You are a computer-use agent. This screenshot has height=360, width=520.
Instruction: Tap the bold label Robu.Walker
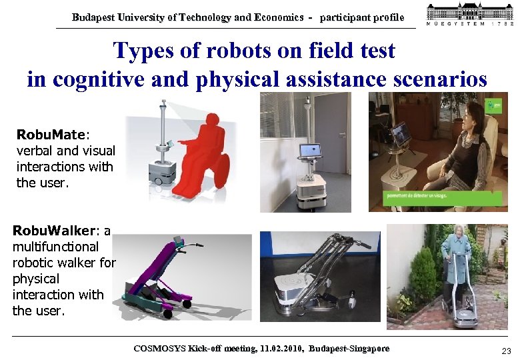[54, 231]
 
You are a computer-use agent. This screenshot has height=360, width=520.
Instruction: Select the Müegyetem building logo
[469, 15]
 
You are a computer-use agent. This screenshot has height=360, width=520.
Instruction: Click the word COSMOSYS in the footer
[160, 349]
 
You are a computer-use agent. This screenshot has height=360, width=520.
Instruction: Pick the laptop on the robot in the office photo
[310, 151]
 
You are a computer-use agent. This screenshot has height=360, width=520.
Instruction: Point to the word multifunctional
[55, 247]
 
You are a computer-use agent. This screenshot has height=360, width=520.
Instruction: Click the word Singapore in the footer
[365, 349]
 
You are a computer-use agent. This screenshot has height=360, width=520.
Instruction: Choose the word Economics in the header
[278, 18]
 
